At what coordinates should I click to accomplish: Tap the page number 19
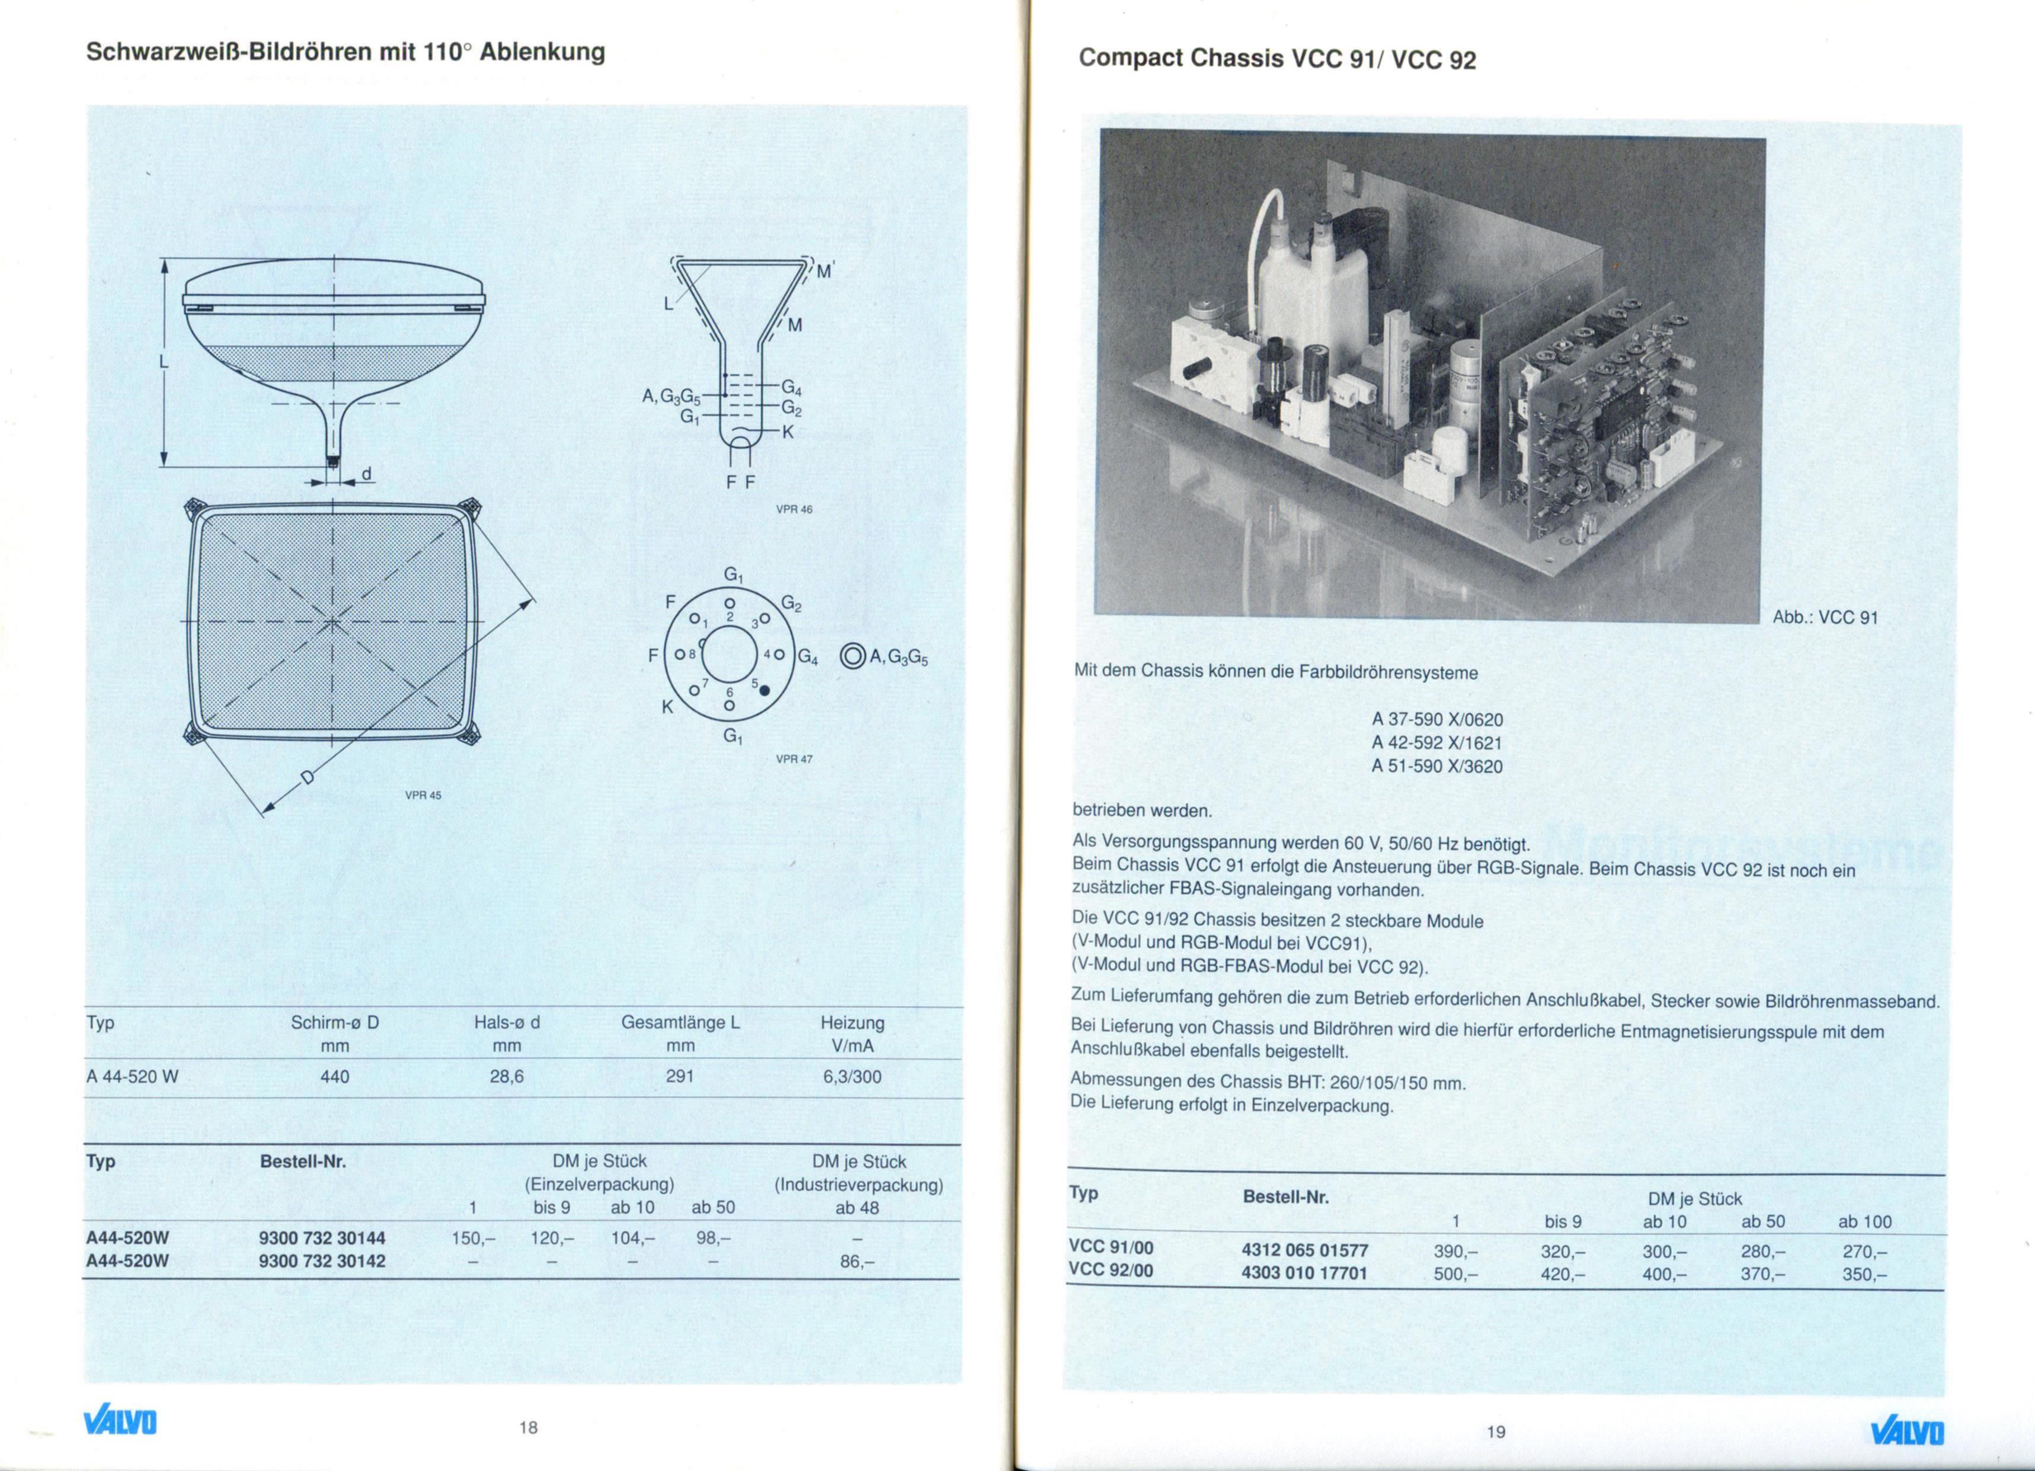coord(1496,1431)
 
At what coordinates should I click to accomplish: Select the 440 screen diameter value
coord(335,1076)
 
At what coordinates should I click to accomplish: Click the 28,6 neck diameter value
coord(507,1076)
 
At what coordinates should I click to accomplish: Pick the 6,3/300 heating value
coord(852,1076)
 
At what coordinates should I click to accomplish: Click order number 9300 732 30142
coord(322,1261)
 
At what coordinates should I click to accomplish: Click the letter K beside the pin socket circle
coord(667,706)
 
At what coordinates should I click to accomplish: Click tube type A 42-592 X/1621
coord(1436,743)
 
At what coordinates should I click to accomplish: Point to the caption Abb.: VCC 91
coord(1825,617)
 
